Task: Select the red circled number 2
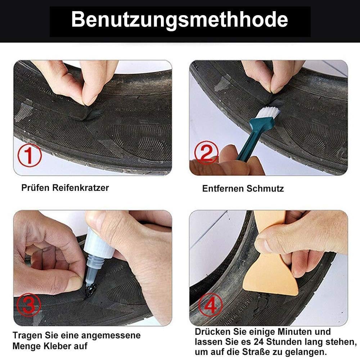coord(206,153)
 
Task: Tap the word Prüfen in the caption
coord(36,188)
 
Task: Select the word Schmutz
coord(265,189)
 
